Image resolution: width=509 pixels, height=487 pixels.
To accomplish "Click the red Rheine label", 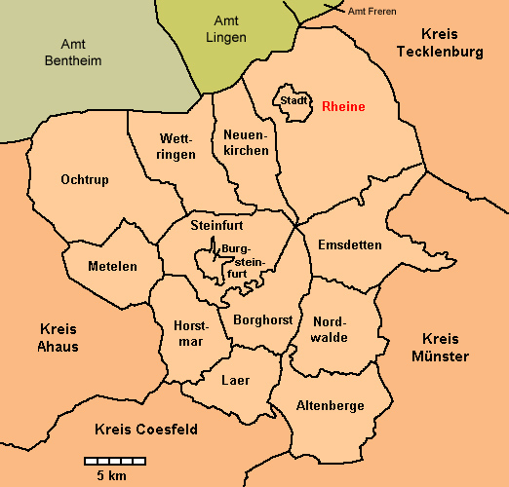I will click(x=343, y=106).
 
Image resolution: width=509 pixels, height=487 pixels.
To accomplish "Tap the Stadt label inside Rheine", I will click(x=294, y=100).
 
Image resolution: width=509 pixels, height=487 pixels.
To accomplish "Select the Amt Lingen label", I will click(x=227, y=28).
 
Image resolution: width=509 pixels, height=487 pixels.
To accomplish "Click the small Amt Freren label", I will click(x=372, y=10).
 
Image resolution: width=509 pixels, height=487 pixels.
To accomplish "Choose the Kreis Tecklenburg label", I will click(x=440, y=43).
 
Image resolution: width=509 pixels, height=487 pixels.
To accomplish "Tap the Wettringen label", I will click(x=177, y=146).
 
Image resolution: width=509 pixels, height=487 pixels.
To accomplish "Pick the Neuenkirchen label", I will click(x=245, y=141).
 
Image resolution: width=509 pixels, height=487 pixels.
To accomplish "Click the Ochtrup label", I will click(x=84, y=179).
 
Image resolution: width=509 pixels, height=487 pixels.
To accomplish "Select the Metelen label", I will click(x=112, y=266).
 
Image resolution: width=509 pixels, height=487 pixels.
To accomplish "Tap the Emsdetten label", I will click(x=350, y=244).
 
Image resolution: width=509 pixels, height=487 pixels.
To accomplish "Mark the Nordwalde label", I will click(x=330, y=329).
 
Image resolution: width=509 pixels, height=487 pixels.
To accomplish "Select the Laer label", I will click(x=236, y=380).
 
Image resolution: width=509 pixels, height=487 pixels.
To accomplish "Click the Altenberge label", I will click(x=330, y=405).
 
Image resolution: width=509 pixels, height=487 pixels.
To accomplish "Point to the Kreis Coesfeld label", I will click(x=146, y=429).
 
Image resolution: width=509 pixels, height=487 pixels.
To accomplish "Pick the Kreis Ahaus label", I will click(x=59, y=337).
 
